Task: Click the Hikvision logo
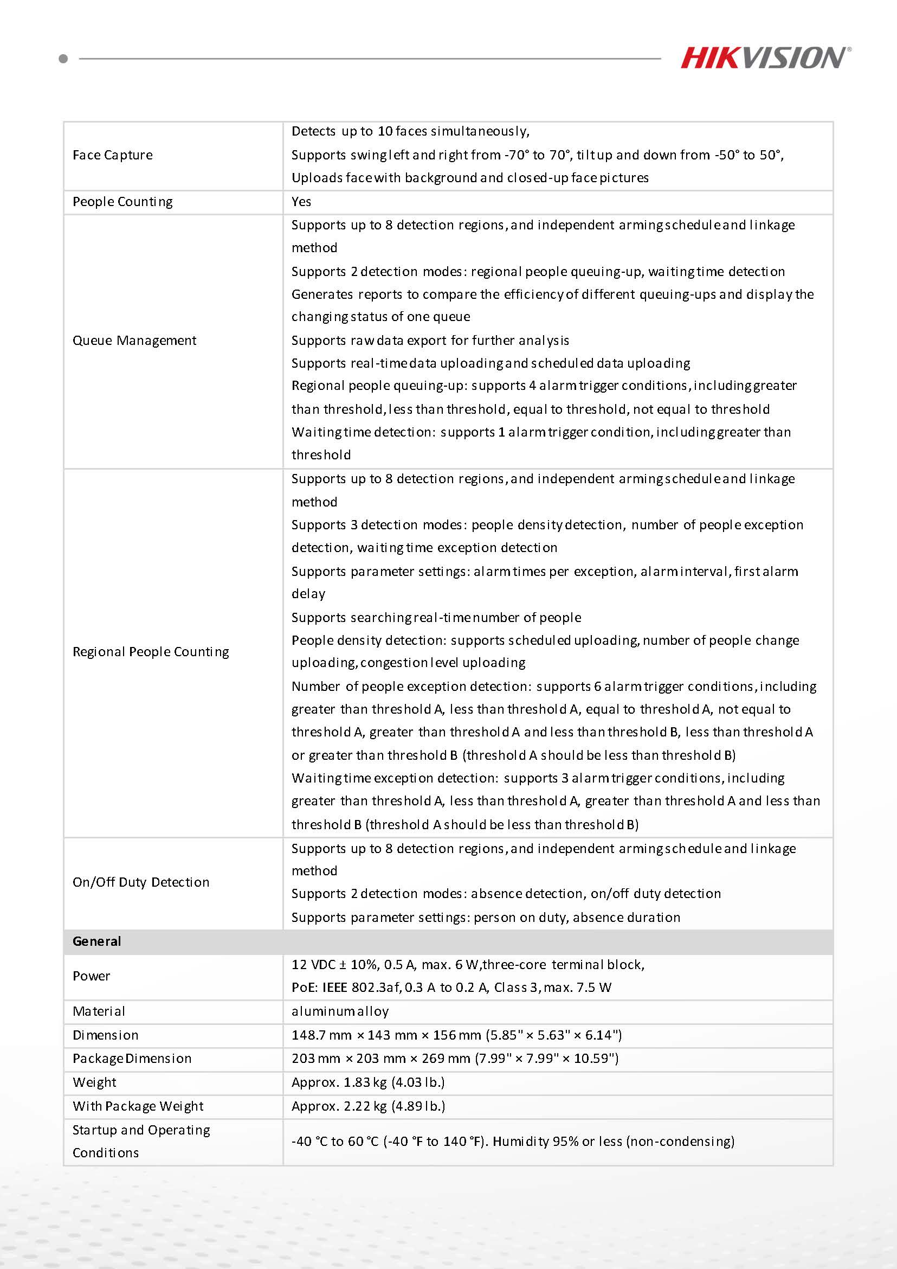pos(765,57)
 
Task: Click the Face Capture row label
pos(113,155)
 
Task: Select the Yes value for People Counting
pos(301,202)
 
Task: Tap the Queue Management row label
pos(134,341)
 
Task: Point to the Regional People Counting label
pos(151,652)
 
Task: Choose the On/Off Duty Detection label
pos(141,882)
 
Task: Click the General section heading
pos(96,941)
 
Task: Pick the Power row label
pos(91,976)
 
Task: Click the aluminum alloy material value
pos(340,1011)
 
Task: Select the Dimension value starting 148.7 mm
pos(456,1035)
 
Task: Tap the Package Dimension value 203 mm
pos(455,1059)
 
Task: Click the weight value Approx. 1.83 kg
pos(368,1082)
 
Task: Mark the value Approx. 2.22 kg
pos(368,1106)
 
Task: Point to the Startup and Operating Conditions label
pos(141,1142)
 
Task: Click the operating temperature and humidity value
pos(513,1142)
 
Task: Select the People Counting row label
pos(122,202)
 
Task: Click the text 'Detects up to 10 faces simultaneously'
pos(410,132)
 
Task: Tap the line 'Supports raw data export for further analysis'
pos(430,341)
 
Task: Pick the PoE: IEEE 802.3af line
pos(451,988)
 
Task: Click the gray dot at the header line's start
pos(63,59)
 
